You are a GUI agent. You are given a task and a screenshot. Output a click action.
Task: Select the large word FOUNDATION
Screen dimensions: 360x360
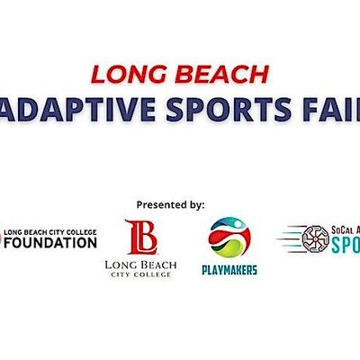point(51,244)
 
